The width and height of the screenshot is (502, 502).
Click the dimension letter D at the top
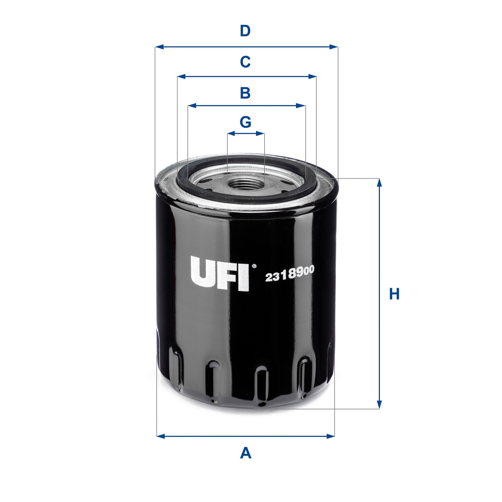[x=245, y=31]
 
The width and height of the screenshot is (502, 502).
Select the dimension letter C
[x=245, y=62]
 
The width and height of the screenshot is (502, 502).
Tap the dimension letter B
[x=245, y=93]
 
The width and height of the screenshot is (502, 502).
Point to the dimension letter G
[x=246, y=122]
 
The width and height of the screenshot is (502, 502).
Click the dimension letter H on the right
[x=394, y=294]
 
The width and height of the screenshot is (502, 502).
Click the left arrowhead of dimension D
[x=159, y=47]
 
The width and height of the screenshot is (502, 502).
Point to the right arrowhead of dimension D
[x=334, y=47]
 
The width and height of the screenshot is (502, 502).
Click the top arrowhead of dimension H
[x=379, y=182]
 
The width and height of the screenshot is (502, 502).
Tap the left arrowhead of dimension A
[x=161, y=436]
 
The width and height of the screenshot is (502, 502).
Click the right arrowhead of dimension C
[x=312, y=77]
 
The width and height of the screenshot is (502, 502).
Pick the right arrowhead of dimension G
[x=260, y=134]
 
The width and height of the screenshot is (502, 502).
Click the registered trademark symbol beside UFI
[x=254, y=266]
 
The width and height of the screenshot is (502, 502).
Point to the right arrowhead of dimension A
[x=330, y=436]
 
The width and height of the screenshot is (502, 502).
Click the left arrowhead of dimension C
[x=181, y=77]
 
